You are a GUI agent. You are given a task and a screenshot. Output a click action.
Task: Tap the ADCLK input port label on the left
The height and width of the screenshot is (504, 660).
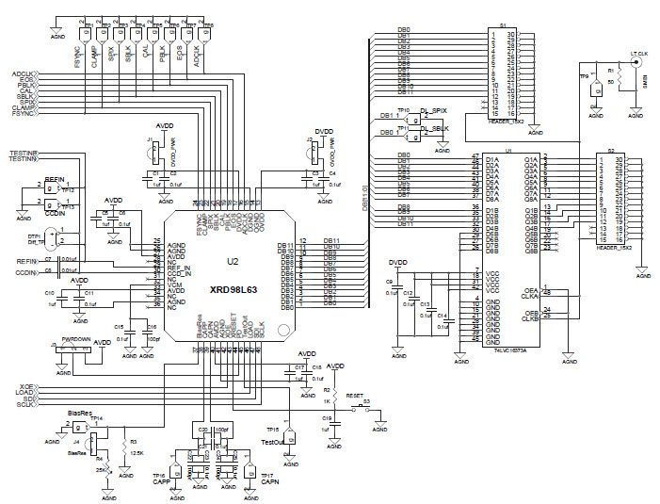pos(23,73)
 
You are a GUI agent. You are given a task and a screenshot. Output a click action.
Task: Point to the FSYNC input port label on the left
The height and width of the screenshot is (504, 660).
pos(23,113)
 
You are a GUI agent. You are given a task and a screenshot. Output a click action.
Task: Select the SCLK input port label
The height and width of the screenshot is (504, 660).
pos(25,404)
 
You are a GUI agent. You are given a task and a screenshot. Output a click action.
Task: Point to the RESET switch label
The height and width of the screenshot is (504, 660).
pos(354,398)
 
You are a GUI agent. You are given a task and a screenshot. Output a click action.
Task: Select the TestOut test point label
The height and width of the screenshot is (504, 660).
pos(273,442)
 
